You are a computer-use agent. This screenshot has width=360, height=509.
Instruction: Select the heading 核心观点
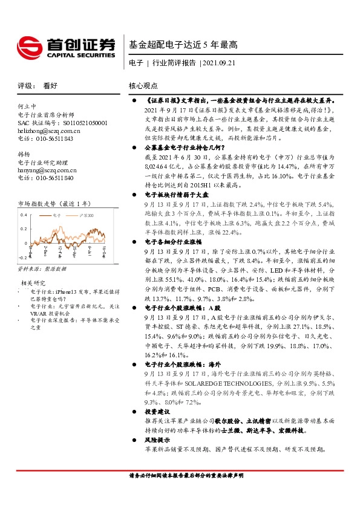[143, 86]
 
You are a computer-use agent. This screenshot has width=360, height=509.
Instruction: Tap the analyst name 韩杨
[24, 155]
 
